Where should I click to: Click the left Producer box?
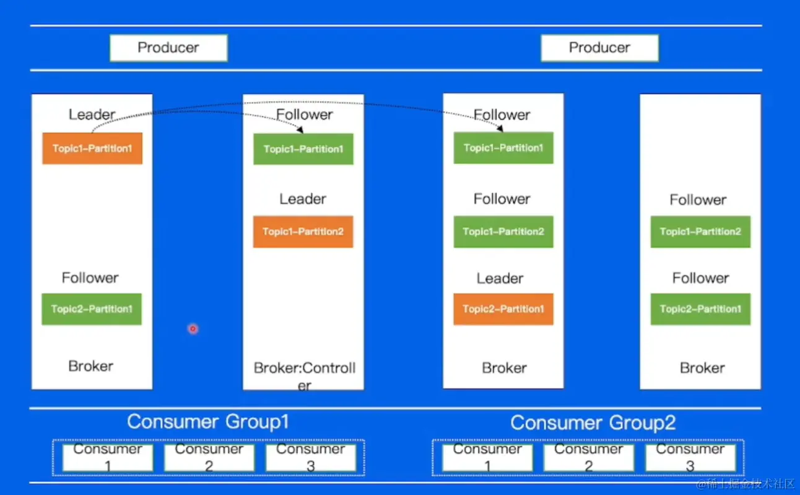(168, 48)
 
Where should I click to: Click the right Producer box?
(599, 48)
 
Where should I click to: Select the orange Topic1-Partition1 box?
(92, 148)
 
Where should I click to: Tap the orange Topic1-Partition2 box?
(303, 232)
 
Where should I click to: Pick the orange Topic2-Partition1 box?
(503, 309)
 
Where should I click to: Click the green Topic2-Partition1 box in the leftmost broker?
(92, 309)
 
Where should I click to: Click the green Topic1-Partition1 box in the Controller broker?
(303, 149)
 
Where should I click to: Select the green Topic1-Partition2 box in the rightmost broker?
(700, 232)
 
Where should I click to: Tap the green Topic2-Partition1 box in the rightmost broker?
(700, 309)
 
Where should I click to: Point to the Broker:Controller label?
(304, 376)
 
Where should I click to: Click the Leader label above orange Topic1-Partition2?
(303, 199)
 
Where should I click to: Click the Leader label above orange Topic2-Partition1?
(500, 278)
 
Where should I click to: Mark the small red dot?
(193, 329)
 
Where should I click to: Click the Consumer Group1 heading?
(208, 421)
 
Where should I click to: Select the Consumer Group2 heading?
(593, 423)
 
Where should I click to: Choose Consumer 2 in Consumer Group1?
(209, 457)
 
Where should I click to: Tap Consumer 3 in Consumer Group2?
(690, 457)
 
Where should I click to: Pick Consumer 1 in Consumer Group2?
(487, 457)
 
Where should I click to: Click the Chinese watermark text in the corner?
(745, 484)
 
